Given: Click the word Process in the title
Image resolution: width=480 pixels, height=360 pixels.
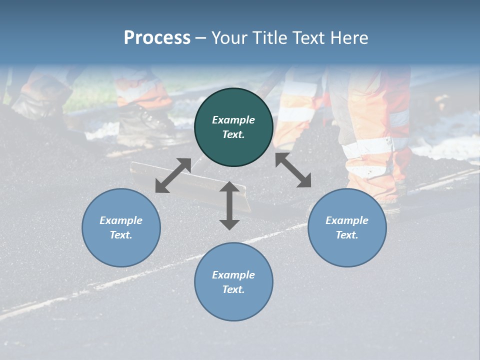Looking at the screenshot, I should pyautogui.click(x=157, y=38).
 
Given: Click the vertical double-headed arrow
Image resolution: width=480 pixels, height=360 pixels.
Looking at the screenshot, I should pyautogui.click(x=229, y=205).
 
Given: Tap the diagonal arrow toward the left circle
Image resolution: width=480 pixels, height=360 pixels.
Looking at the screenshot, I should pyautogui.click(x=173, y=175).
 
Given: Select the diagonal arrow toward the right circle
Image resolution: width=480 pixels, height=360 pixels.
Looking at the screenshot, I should pyautogui.click(x=293, y=170).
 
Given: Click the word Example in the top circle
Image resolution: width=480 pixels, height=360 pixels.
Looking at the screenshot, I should pyautogui.click(x=233, y=120).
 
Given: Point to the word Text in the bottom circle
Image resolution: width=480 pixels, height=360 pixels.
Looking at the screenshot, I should pyautogui.click(x=233, y=289).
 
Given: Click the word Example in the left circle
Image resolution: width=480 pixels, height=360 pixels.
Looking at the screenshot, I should pyautogui.click(x=121, y=220).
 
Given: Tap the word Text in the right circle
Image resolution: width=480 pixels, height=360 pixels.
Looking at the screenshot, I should pyautogui.click(x=347, y=235).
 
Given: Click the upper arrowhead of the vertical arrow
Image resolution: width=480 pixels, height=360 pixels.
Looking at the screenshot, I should pyautogui.click(x=229, y=187).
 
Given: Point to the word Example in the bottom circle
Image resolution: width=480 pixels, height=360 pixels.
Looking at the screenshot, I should pyautogui.click(x=233, y=275).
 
